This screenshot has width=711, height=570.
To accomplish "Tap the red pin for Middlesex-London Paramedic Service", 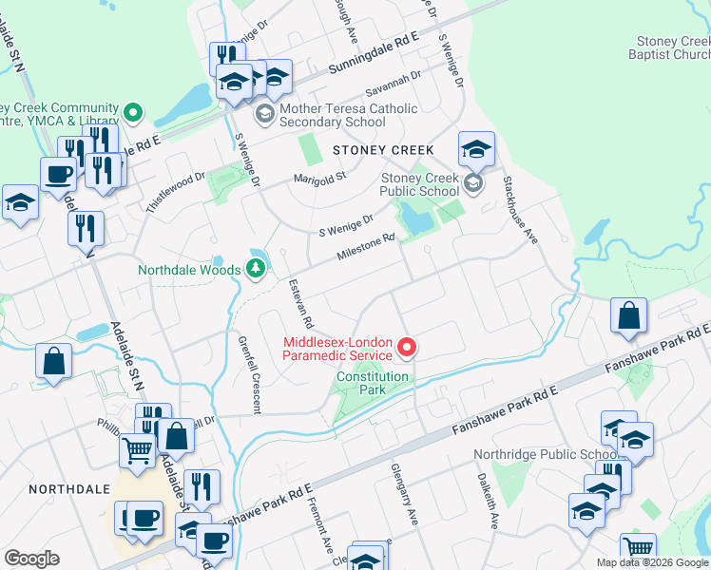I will (407, 349).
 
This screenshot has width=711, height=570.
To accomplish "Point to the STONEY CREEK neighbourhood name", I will (382, 150).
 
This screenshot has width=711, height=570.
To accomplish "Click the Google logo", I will (31, 559).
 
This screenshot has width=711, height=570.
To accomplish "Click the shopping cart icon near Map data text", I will (638, 549).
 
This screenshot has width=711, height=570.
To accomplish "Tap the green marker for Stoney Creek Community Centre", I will (133, 115).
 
